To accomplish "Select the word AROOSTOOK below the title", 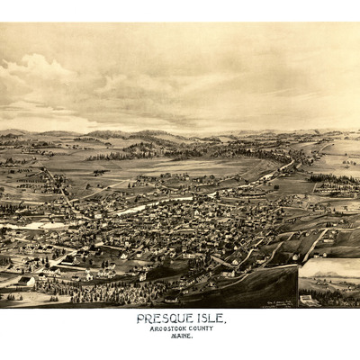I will pyautogui.click(x=168, y=328).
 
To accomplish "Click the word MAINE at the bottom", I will pyautogui.click(x=183, y=337).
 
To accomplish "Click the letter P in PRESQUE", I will pyautogui.click(x=141, y=319).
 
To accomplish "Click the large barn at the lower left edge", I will pyautogui.click(x=25, y=282).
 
